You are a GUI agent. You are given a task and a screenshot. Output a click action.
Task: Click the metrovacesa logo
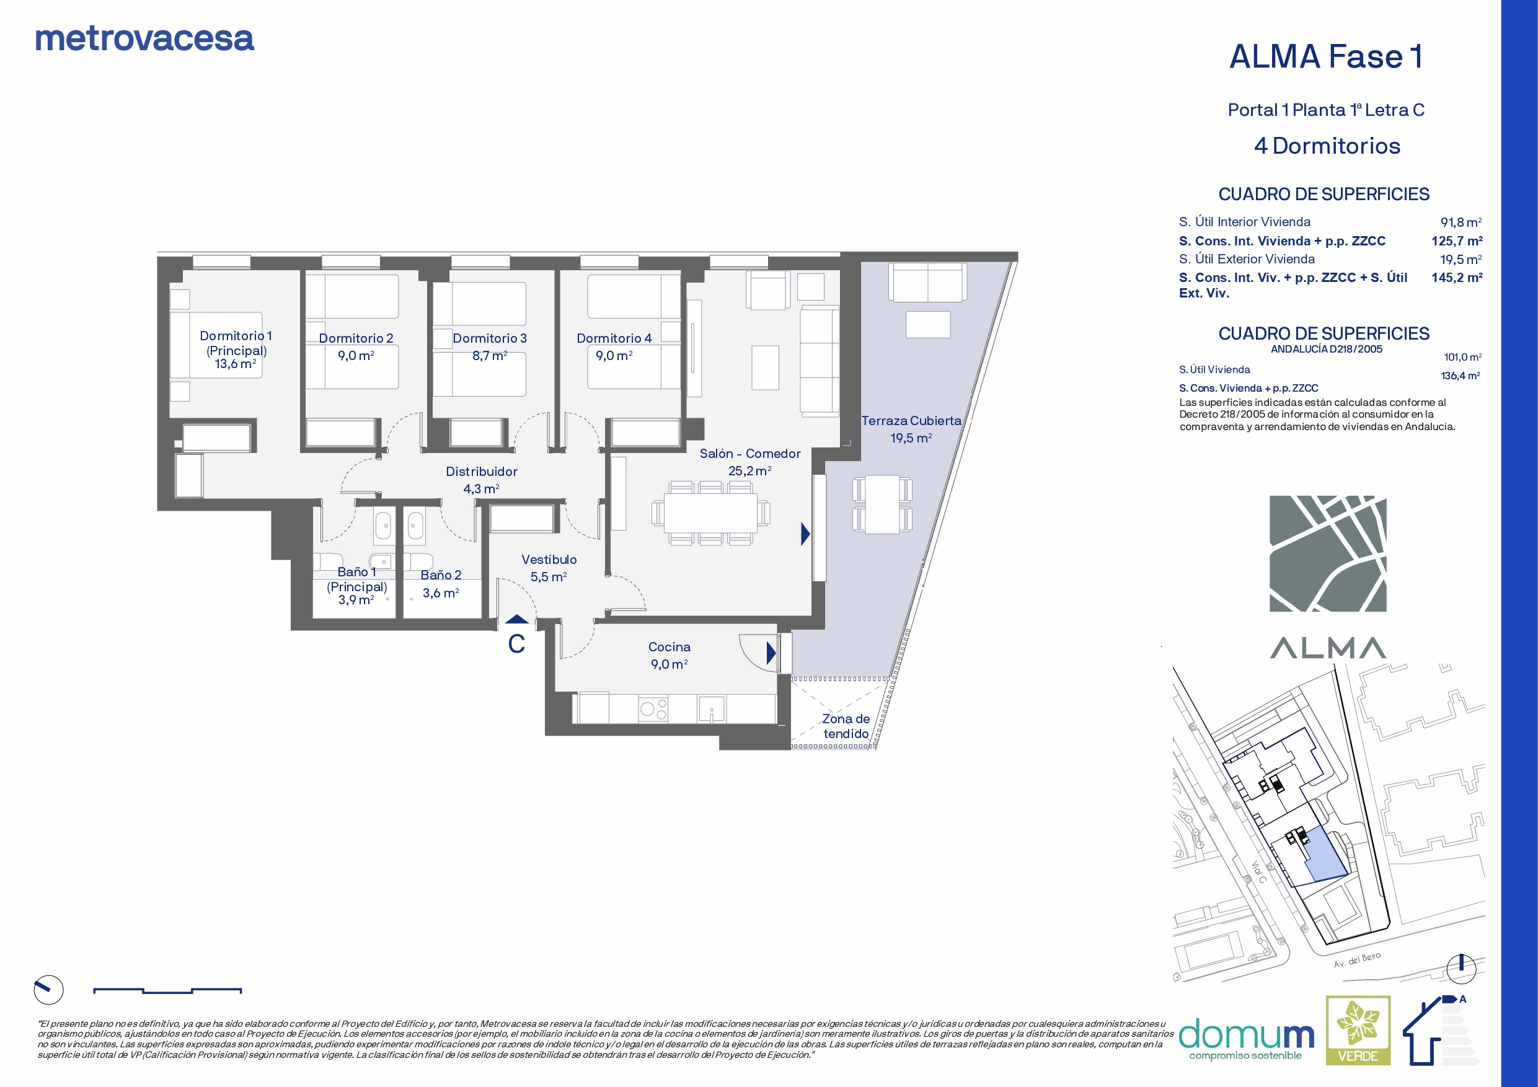144,38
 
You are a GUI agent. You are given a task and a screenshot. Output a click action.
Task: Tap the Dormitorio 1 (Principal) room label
236,343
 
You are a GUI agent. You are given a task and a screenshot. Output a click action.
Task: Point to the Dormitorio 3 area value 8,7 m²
490,356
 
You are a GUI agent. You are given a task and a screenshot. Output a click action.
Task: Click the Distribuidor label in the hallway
482,472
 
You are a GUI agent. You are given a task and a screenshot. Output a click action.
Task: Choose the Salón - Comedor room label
750,454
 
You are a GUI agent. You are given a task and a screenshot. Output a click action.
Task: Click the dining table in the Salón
710,513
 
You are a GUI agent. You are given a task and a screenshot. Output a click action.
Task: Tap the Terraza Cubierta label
911,421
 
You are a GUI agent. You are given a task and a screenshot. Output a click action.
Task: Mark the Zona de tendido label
846,726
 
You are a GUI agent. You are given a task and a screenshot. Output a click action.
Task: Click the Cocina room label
669,647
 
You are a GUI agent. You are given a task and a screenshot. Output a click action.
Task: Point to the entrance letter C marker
516,644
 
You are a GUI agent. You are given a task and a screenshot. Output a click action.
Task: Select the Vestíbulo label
549,559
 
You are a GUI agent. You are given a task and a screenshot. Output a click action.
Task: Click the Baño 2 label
441,575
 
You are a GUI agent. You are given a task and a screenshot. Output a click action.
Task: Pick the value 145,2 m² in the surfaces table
1457,277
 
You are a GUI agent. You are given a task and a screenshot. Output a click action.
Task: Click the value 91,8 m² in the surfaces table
1461,222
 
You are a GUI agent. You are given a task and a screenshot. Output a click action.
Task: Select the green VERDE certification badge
1358,1030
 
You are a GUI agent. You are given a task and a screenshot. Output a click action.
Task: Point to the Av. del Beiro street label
1357,960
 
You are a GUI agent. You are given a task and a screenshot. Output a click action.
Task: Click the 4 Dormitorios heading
1327,146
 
